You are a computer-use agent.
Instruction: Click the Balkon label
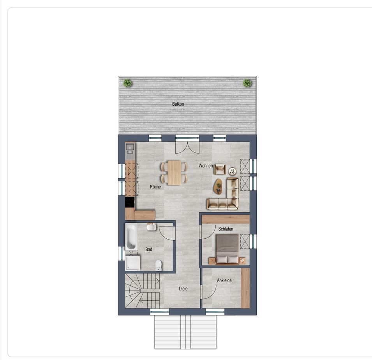(178, 104)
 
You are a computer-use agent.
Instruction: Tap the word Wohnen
(206, 166)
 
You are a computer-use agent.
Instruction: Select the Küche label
(155, 187)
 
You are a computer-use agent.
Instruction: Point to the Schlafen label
(226, 229)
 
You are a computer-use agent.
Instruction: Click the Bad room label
(149, 249)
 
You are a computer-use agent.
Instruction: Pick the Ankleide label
(224, 280)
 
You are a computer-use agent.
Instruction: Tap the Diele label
(183, 289)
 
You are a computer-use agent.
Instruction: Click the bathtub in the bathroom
(131, 237)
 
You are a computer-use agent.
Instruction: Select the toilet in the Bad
(159, 265)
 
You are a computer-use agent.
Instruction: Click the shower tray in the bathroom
(132, 263)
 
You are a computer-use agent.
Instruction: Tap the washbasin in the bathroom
(152, 227)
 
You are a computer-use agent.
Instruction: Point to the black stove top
(130, 202)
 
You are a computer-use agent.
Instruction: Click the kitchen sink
(130, 149)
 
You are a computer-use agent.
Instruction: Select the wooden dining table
(174, 173)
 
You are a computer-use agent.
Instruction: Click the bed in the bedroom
(227, 249)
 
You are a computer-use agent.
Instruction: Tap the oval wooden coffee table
(218, 186)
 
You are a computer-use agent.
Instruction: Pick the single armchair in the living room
(220, 169)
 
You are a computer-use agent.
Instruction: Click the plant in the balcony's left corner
(128, 83)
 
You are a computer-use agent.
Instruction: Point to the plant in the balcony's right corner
(247, 83)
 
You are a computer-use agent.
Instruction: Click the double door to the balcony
(187, 148)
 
